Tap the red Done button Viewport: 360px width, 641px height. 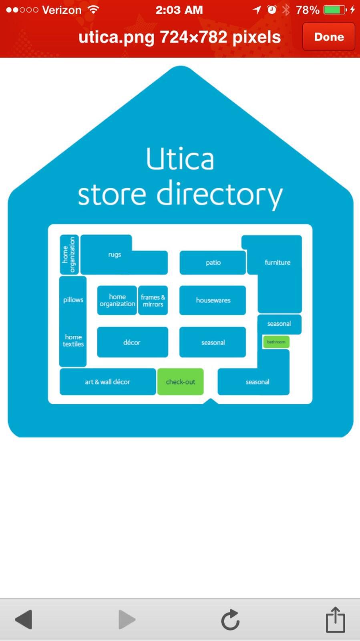328,37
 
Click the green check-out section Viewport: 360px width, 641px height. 181,382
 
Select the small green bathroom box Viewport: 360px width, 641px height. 276,342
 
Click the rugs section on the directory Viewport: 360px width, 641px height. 115,255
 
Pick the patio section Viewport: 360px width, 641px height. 213,262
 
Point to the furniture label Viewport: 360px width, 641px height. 278,262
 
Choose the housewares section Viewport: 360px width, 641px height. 213,300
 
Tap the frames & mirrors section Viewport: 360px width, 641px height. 153,300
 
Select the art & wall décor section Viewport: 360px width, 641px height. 107,382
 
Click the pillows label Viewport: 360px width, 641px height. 73,300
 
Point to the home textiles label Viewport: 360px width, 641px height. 73,341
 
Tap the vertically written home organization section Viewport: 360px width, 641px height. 69,255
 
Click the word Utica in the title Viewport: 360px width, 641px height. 180,159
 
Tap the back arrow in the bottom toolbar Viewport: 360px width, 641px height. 24,619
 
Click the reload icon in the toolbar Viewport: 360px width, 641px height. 230,620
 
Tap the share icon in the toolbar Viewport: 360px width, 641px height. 335,619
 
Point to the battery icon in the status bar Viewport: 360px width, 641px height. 335,10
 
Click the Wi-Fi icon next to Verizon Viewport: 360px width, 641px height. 93,10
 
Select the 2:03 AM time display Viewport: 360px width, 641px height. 179,10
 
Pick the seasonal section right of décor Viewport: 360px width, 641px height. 213,343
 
